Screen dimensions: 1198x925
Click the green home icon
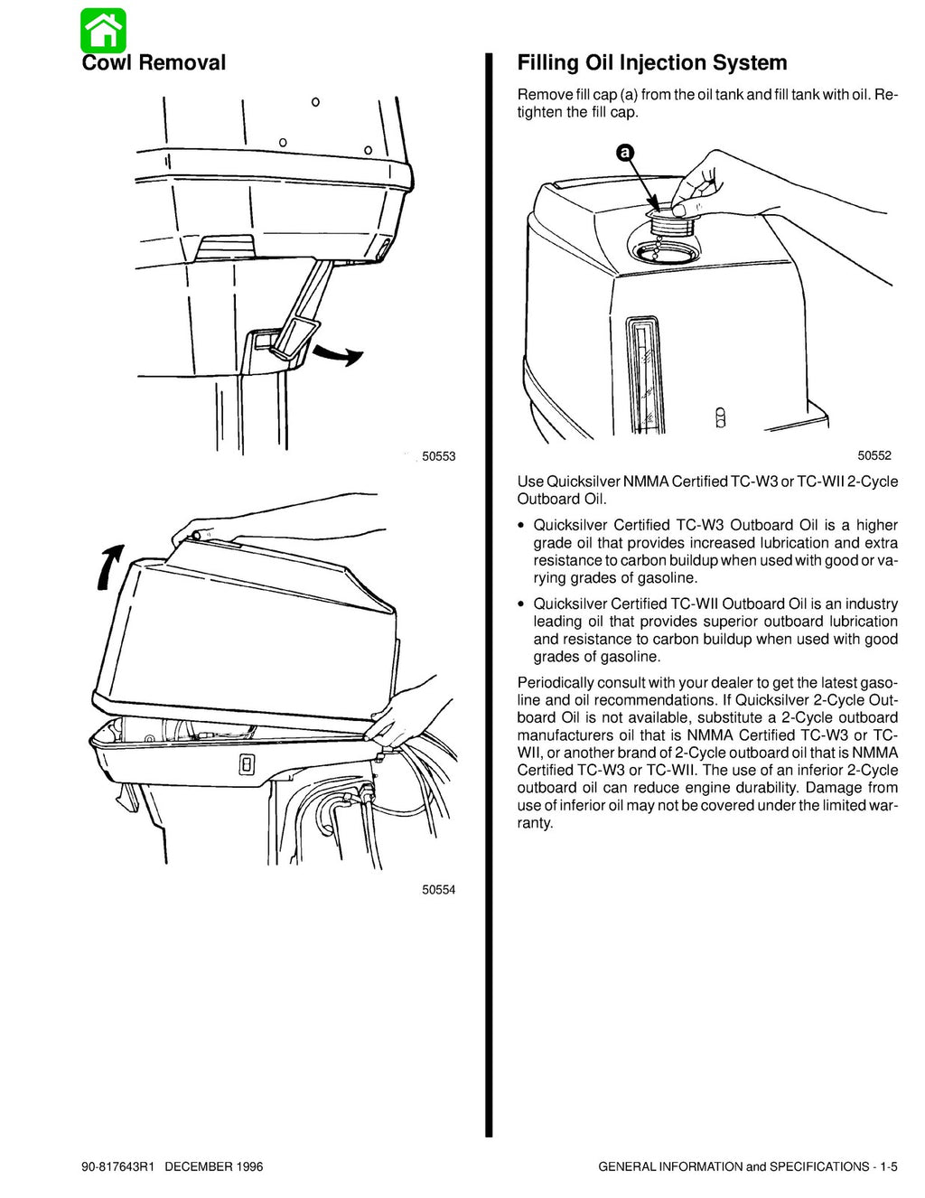103,31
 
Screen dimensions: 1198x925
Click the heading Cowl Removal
154,62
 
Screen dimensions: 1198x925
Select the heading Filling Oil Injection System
651,62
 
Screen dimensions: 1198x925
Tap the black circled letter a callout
622,154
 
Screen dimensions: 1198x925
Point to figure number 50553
438,457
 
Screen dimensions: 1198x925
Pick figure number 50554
438,889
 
